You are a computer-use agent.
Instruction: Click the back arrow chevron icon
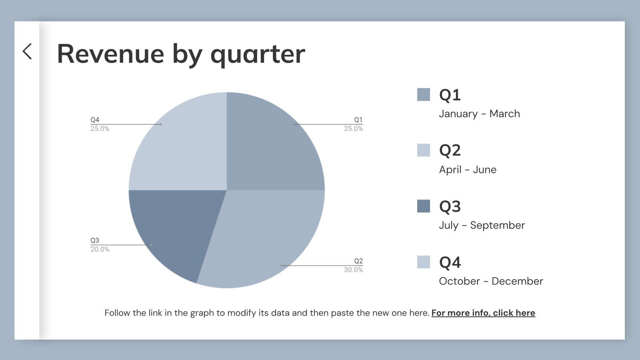[x=27, y=52]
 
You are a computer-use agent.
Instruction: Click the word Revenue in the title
[x=111, y=54]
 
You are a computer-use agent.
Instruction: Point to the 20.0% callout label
[x=100, y=249]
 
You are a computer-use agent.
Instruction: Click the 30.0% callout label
[x=353, y=270]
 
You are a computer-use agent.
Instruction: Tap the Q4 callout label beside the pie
[x=95, y=120]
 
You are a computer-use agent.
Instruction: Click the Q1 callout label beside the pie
[x=358, y=120]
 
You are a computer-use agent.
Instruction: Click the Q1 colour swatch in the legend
[x=424, y=95]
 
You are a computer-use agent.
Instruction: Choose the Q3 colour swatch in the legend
[x=424, y=206]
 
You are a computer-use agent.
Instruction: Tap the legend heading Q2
[x=450, y=150]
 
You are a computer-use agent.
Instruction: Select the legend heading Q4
[x=450, y=262]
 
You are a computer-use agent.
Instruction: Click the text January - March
[x=479, y=114]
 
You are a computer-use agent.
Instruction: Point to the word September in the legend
[x=497, y=225]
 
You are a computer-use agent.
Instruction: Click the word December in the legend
[x=517, y=281]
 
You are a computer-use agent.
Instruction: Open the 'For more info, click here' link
[x=483, y=313]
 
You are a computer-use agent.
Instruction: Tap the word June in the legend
[x=484, y=170]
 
